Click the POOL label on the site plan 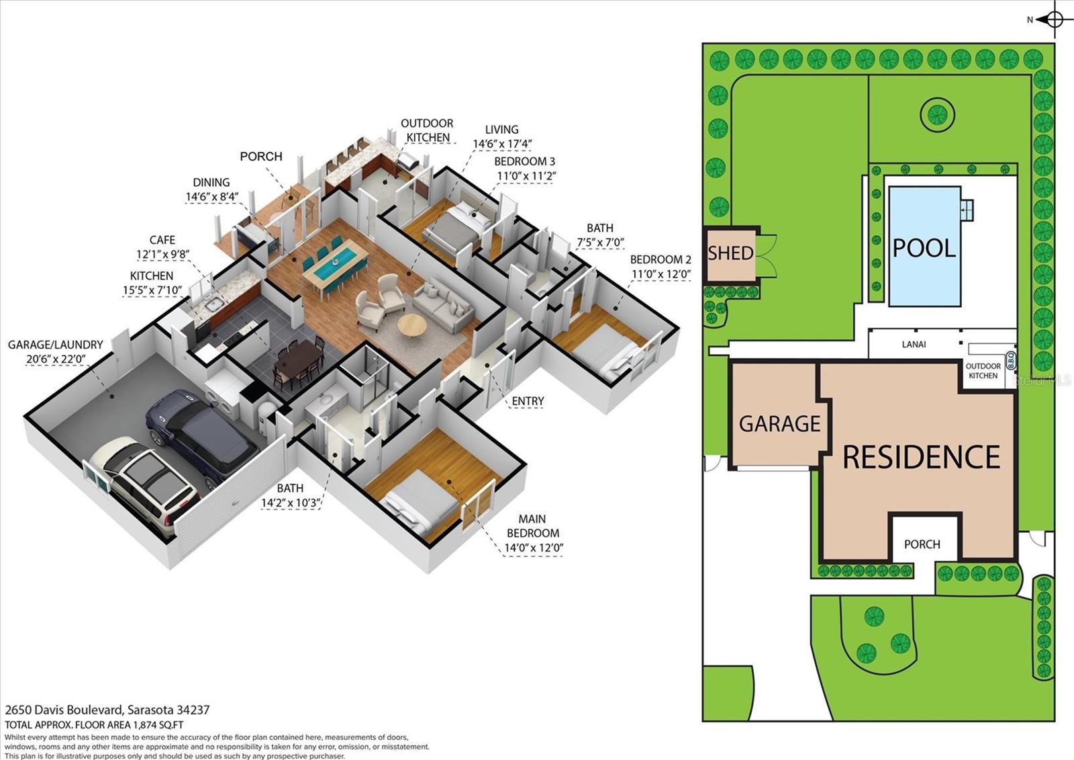(924, 248)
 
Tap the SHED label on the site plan (730, 253)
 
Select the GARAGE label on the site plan (779, 423)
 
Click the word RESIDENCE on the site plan (921, 458)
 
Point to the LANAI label (914, 344)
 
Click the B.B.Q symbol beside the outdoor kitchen (1011, 363)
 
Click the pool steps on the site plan (967, 210)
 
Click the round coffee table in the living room (411, 325)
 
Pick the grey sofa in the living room (443, 306)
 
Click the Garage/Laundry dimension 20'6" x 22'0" (56, 359)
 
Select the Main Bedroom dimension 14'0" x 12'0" (533, 547)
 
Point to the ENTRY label (528, 401)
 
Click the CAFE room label (162, 240)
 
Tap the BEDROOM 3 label (524, 162)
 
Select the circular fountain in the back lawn (937, 114)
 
